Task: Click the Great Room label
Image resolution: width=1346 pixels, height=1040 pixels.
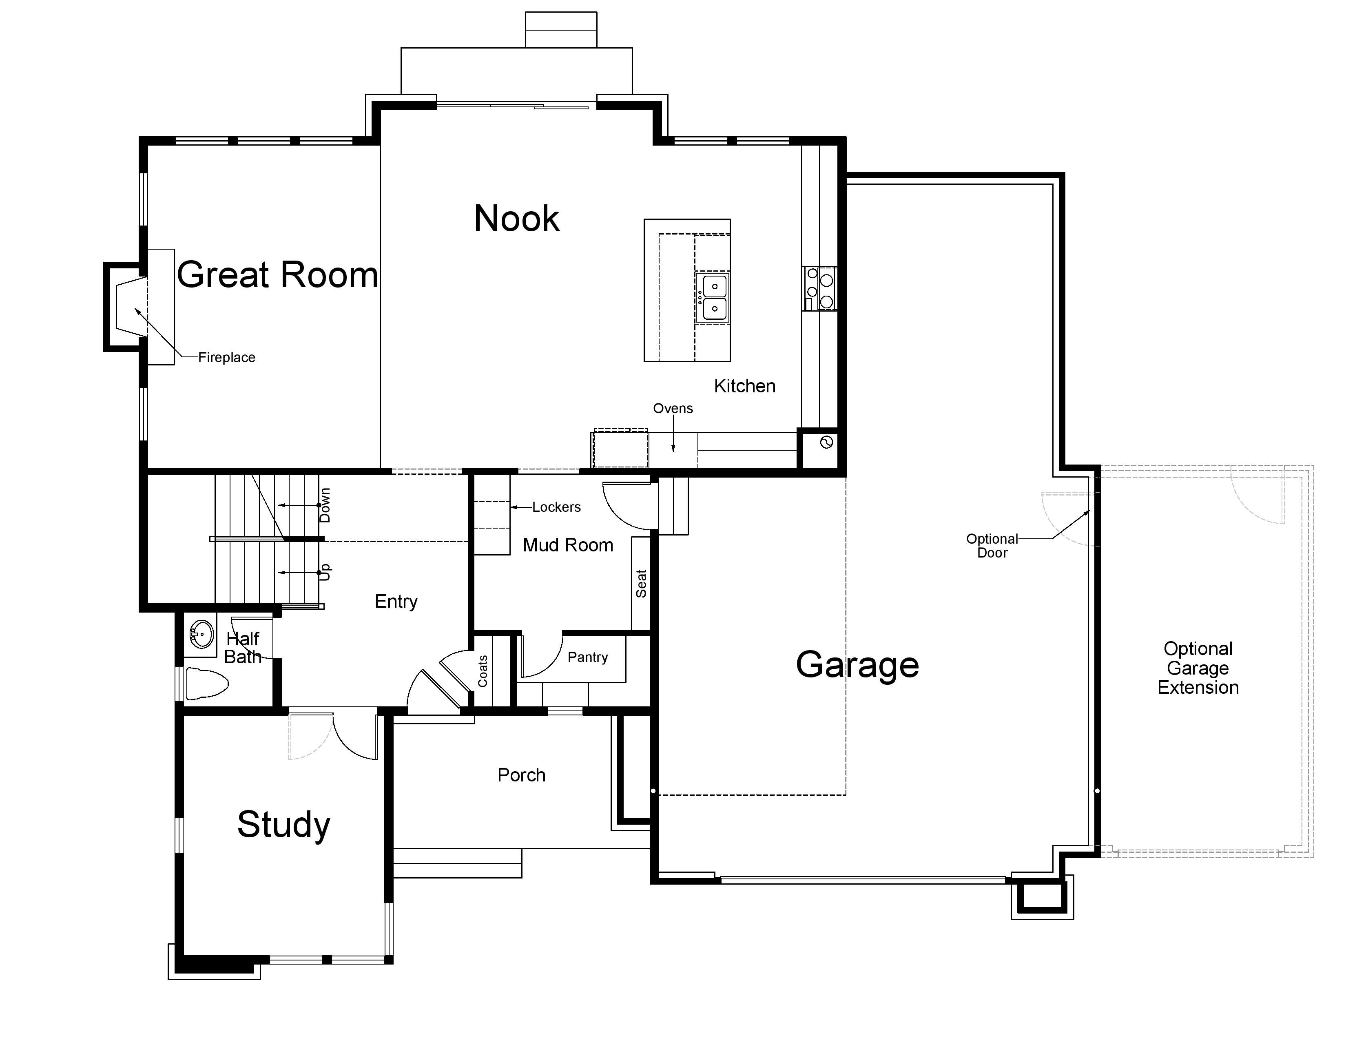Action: (x=277, y=275)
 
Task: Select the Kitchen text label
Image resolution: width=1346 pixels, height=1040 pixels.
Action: (x=744, y=386)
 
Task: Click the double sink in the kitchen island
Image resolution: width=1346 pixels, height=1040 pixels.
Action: (x=713, y=298)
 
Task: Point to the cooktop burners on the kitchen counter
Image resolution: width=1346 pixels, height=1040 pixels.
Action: (x=820, y=288)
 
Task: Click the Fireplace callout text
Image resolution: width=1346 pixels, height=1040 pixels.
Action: (x=227, y=357)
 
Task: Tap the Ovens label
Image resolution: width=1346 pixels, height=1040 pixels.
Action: (x=673, y=409)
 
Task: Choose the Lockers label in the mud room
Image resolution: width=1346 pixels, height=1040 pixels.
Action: (x=556, y=507)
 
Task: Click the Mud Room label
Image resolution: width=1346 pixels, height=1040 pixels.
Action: (x=568, y=545)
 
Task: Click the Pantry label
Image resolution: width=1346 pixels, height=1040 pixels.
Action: (x=587, y=657)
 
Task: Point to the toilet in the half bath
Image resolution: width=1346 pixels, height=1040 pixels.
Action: (x=206, y=683)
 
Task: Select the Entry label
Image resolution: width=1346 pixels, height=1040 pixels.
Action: (x=396, y=601)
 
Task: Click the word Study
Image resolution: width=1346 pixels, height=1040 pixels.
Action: (x=283, y=825)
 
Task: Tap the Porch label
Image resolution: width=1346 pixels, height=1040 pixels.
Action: (x=521, y=775)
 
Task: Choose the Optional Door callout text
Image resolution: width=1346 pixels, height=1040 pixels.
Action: (x=992, y=546)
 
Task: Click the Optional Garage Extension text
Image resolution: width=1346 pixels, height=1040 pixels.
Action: (x=1198, y=668)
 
